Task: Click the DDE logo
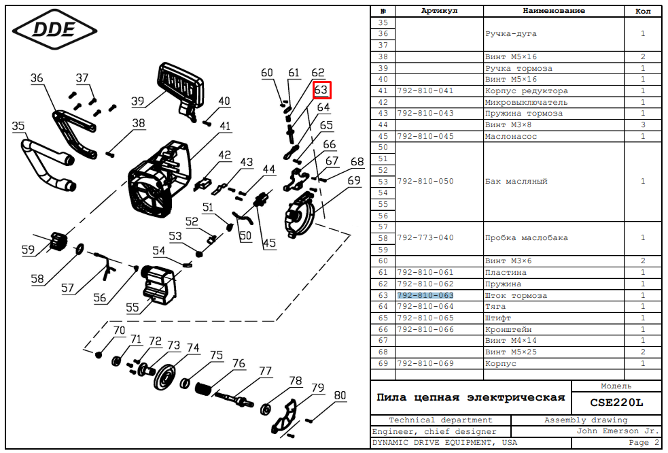pyautogui.click(x=55, y=29)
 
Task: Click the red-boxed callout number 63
pyautogui.click(x=321, y=90)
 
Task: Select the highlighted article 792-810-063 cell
pyautogui.click(x=425, y=296)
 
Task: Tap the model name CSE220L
pyautogui.click(x=616, y=402)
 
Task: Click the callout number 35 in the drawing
pyautogui.click(x=18, y=126)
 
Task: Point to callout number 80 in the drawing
pyautogui.click(x=340, y=395)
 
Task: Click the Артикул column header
pyautogui.click(x=439, y=11)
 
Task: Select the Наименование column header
pyautogui.click(x=553, y=11)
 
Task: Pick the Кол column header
pyautogui.click(x=642, y=11)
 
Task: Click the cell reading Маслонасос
pyautogui.click(x=510, y=136)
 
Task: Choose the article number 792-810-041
pyautogui.click(x=425, y=90)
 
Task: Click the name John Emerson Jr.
pyautogui.click(x=618, y=431)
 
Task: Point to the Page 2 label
pyautogui.click(x=644, y=442)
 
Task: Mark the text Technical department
pyautogui.click(x=440, y=420)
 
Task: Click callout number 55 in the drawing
pyautogui.click(x=132, y=308)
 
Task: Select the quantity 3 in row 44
pyautogui.click(x=642, y=124)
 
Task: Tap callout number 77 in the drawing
pyautogui.click(x=264, y=371)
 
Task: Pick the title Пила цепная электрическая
pyautogui.click(x=471, y=397)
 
